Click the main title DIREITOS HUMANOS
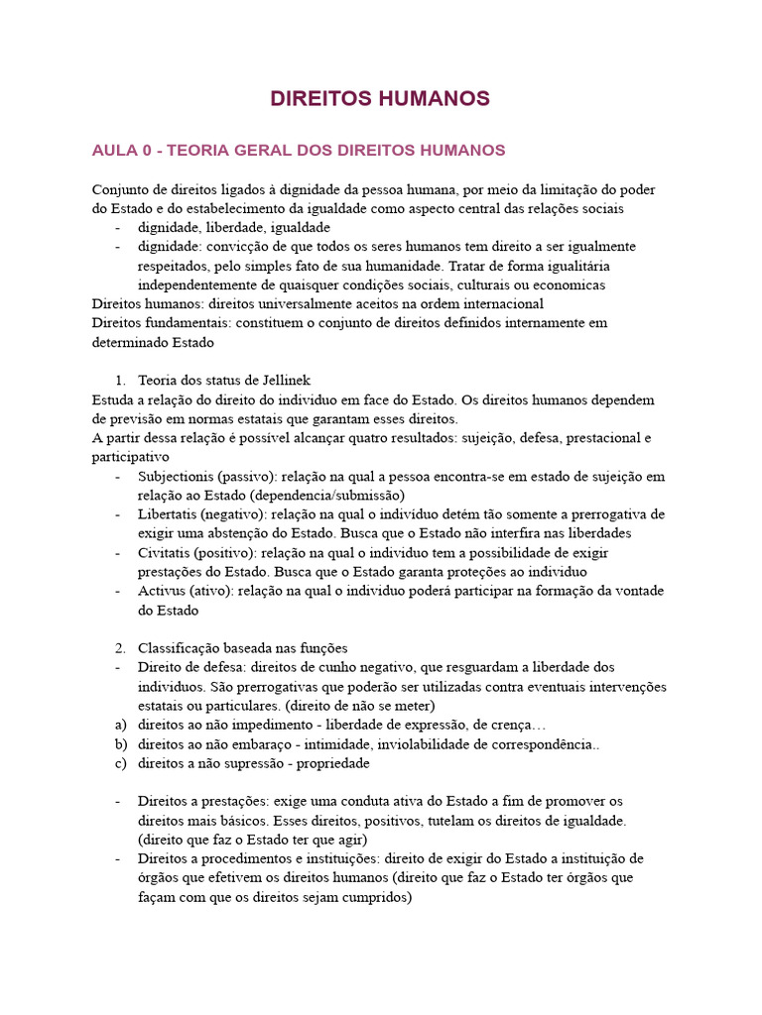pyautogui.click(x=380, y=99)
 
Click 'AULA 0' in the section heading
pyautogui.click(x=121, y=151)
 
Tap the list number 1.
pyautogui.click(x=120, y=380)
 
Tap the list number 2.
pyautogui.click(x=120, y=648)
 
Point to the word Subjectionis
pyautogui.click(x=176, y=477)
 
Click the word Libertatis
pyautogui.click(x=169, y=514)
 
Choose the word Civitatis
pyautogui.click(x=164, y=552)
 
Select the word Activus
pyautogui.click(x=162, y=591)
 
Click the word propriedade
pyautogui.click(x=328, y=763)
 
